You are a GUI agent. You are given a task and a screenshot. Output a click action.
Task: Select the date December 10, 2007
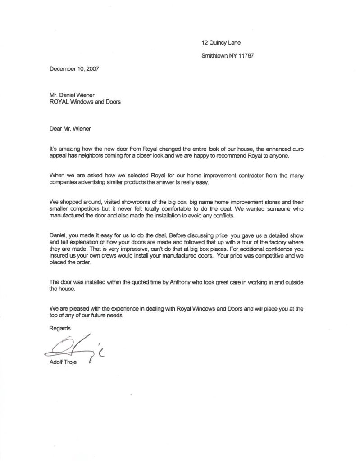pos(73,69)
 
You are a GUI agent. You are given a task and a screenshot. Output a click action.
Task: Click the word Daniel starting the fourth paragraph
pos(56,235)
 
